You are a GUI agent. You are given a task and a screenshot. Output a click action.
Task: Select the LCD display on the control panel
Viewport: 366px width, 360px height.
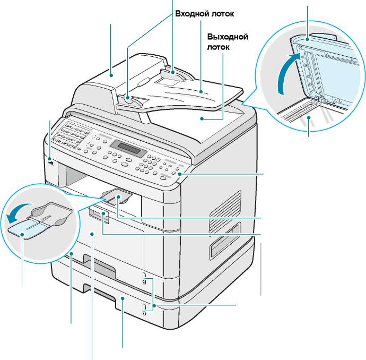(x=132, y=148)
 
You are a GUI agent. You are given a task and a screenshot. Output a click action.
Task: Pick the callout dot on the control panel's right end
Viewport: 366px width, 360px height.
(x=181, y=174)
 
